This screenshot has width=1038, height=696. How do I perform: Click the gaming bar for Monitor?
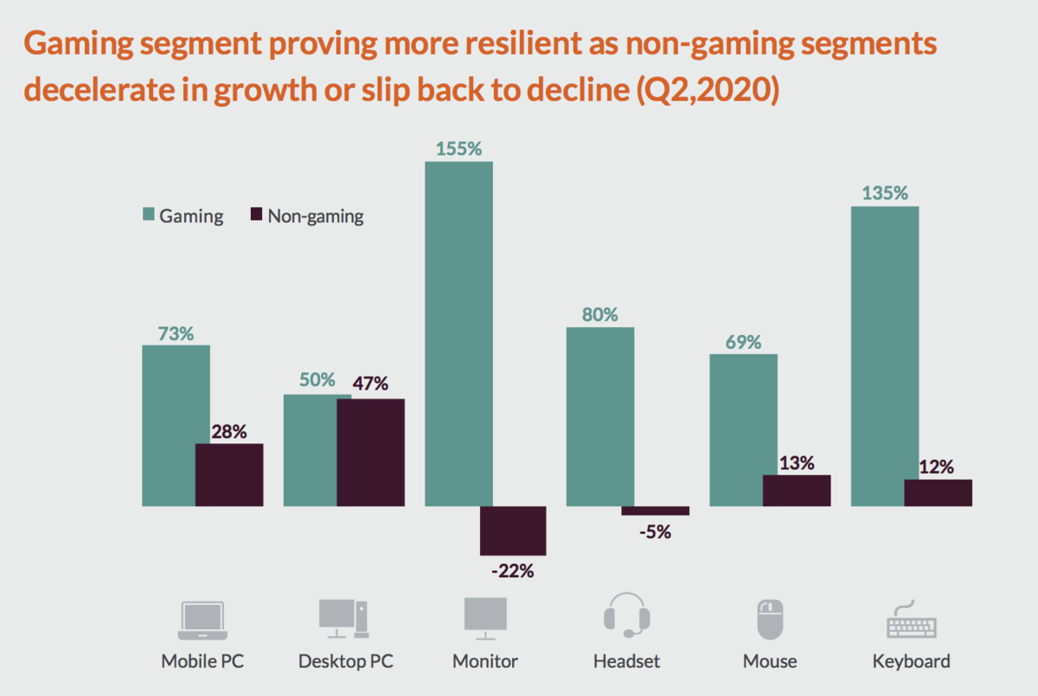(x=458, y=333)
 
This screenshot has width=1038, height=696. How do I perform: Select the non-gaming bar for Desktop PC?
(x=370, y=452)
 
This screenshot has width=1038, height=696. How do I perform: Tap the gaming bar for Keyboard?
(x=885, y=356)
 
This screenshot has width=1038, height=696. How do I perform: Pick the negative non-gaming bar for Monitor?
(x=513, y=531)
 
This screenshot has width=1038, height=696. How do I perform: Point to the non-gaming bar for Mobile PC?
(x=229, y=474)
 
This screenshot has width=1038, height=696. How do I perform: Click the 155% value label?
(x=458, y=148)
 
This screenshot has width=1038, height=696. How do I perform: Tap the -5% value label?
(x=654, y=532)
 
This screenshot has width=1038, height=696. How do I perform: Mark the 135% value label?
(x=885, y=192)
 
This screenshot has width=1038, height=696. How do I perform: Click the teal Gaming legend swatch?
(x=146, y=216)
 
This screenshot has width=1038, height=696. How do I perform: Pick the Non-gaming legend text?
(x=315, y=216)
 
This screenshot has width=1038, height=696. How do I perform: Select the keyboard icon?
(x=911, y=618)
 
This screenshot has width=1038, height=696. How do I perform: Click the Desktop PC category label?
(x=346, y=661)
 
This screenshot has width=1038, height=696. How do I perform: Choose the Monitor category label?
(x=485, y=661)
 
